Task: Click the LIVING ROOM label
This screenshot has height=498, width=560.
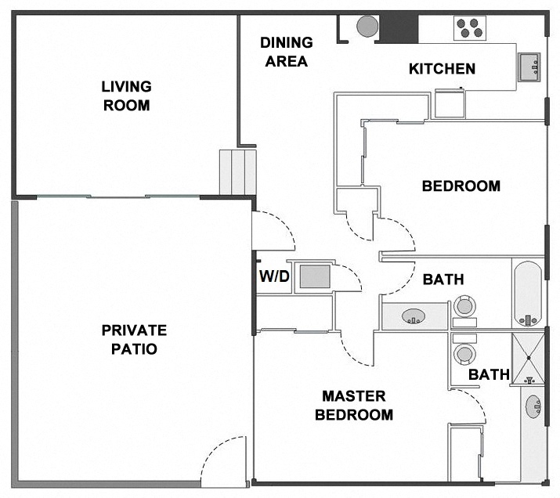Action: click(126, 96)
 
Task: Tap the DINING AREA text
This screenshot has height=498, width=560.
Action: click(286, 52)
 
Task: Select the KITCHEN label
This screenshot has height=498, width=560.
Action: click(442, 69)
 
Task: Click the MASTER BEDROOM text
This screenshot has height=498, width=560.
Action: click(354, 406)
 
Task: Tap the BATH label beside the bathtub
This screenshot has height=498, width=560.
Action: click(443, 279)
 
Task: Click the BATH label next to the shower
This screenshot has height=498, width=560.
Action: click(489, 375)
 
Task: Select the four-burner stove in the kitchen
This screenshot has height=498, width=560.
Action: click(471, 28)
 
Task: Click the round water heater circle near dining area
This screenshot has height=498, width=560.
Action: click(367, 26)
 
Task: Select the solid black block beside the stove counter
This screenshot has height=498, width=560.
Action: click(398, 27)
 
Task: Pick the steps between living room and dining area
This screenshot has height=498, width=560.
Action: click(237, 171)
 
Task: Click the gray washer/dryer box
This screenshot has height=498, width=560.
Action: click(315, 276)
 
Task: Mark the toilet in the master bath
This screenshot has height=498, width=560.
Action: click(465, 353)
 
